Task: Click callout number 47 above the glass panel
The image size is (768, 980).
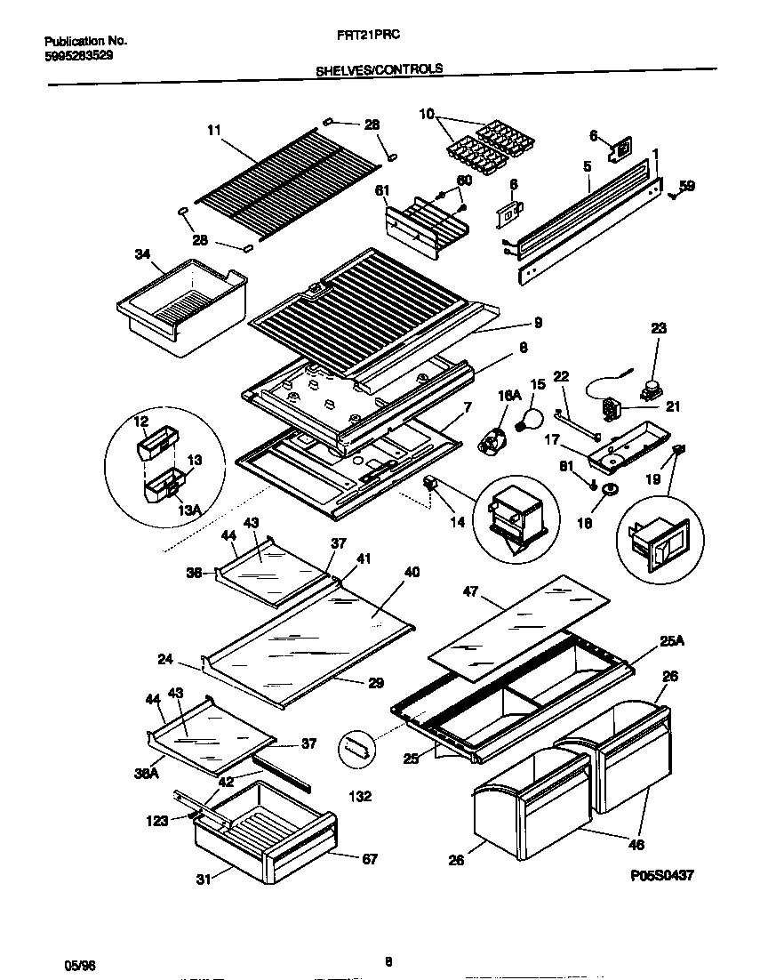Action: point(471,590)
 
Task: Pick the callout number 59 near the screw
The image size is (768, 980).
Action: point(686,186)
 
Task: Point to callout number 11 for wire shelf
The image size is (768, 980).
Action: point(212,130)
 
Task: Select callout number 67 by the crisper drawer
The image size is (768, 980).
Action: point(370,859)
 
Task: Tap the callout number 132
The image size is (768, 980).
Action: point(360,797)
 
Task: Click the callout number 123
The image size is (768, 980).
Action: point(157,821)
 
